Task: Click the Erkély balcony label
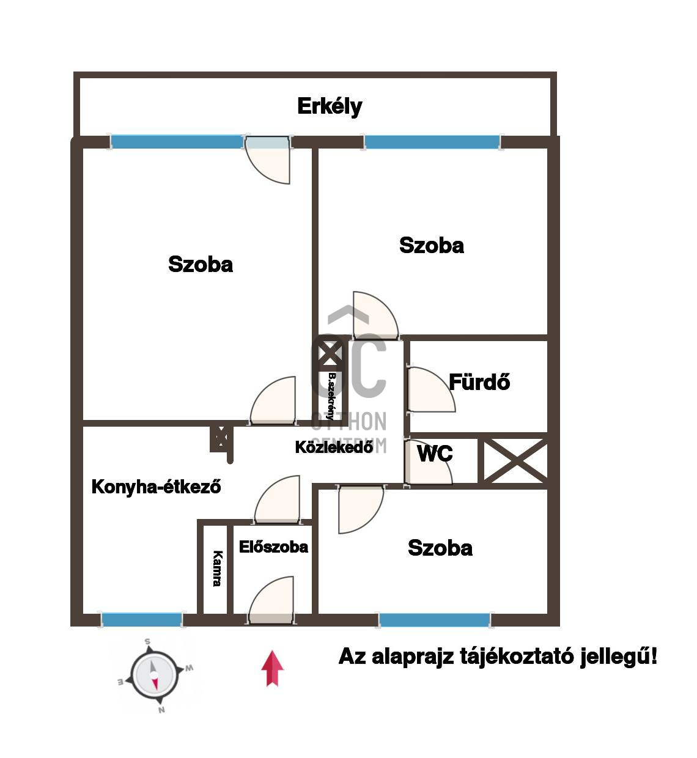[x=330, y=107]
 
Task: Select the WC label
[x=435, y=454]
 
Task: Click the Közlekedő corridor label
[x=334, y=447]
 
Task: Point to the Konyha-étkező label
[x=156, y=487]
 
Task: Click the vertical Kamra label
[x=217, y=568]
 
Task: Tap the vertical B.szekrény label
[x=331, y=397]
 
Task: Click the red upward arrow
[x=272, y=668]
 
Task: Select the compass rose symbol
[x=154, y=675]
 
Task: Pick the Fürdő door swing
[x=432, y=389]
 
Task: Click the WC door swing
[x=428, y=462]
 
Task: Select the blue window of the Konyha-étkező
[x=142, y=620]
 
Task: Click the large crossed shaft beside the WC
[x=515, y=461]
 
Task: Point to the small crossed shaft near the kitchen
[x=221, y=438]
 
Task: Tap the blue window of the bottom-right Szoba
[x=435, y=620]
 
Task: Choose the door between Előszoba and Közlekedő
[x=278, y=500]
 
